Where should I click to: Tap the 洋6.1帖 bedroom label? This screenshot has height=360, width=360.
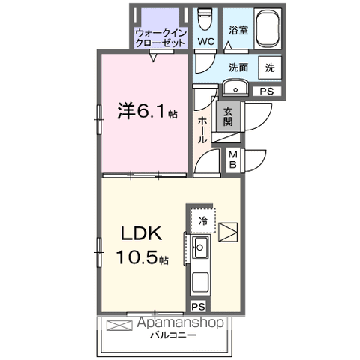146,112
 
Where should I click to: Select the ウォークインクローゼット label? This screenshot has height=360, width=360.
160,37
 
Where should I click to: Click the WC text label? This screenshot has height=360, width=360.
205,41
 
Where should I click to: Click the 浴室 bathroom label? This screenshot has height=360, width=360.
238,31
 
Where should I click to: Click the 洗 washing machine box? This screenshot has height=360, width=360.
269,67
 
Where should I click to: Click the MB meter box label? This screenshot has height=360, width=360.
232,158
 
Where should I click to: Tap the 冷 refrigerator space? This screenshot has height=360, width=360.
203,220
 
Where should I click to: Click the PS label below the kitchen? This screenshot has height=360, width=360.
198,307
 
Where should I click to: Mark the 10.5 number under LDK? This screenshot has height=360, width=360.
136,259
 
